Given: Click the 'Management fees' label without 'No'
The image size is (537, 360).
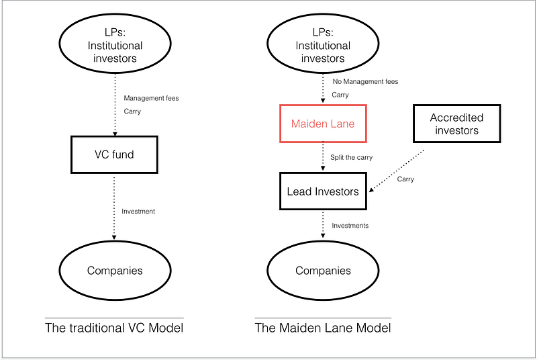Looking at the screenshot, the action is point(152,98).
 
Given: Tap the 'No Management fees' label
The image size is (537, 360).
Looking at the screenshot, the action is point(365,81).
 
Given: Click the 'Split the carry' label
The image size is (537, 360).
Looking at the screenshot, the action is point(351,158).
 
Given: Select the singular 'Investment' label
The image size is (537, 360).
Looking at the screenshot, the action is point(138,212).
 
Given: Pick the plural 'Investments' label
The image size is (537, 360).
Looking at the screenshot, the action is point(350,226).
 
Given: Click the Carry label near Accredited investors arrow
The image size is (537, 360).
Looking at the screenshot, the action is point(405,179).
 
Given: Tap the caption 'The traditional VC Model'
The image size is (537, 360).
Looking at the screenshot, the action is point(114,328).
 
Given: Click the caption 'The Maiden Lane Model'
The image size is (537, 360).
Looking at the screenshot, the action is point(323,328).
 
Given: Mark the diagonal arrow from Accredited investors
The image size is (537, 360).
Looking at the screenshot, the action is point(396,171).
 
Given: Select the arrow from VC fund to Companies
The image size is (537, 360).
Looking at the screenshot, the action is point(114,208).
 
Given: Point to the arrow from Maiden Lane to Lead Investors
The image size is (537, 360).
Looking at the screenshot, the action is point(323,156).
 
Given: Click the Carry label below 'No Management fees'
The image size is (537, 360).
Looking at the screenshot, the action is point(340,95).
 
